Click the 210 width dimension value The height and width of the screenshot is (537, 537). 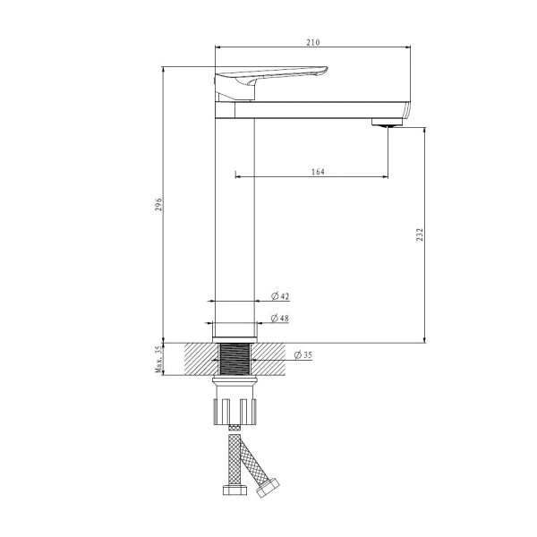coord(312,42)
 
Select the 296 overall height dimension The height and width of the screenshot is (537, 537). coord(158,204)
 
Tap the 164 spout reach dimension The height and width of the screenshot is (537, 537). coord(318,172)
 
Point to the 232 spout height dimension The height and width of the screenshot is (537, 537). coord(420,234)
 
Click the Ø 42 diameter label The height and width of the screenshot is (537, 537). coord(280,296)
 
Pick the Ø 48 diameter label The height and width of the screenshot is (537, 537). coord(280,318)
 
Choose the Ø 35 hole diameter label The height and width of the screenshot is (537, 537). coord(303,354)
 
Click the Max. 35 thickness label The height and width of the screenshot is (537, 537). coord(158,359)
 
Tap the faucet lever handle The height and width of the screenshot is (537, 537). coord(270,82)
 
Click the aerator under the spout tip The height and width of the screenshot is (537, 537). coord(387,123)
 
